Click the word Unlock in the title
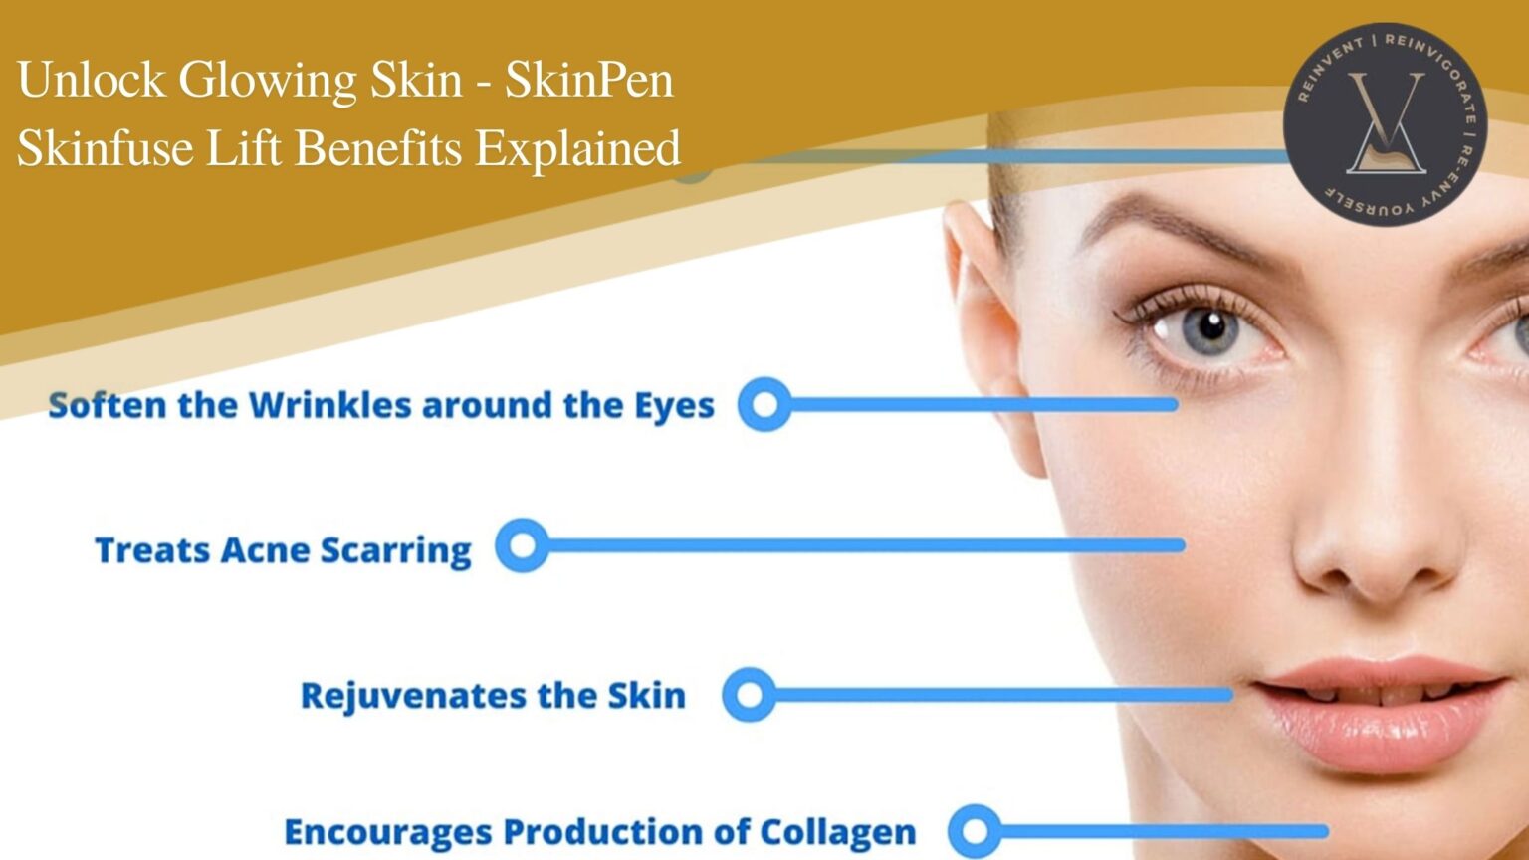tap(91, 80)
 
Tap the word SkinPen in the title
tap(588, 80)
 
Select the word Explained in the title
tap(577, 148)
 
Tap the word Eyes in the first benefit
tap(674, 406)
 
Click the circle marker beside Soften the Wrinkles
tap(764, 404)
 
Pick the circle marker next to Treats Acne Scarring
tap(522, 545)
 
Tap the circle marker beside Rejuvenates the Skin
tap(749, 694)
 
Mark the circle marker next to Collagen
tap(975, 831)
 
